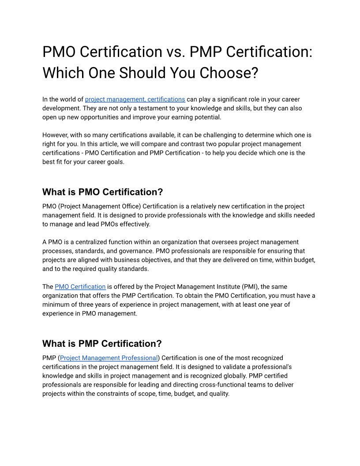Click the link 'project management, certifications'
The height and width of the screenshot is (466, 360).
coord(135,99)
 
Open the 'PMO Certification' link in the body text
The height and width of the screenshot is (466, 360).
coord(80,286)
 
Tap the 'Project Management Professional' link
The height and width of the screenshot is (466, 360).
coord(109,358)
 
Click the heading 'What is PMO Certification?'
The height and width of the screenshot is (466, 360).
coord(102,192)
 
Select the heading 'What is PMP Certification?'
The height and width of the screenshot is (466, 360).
coord(102,343)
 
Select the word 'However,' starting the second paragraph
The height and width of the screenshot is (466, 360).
coord(55,135)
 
